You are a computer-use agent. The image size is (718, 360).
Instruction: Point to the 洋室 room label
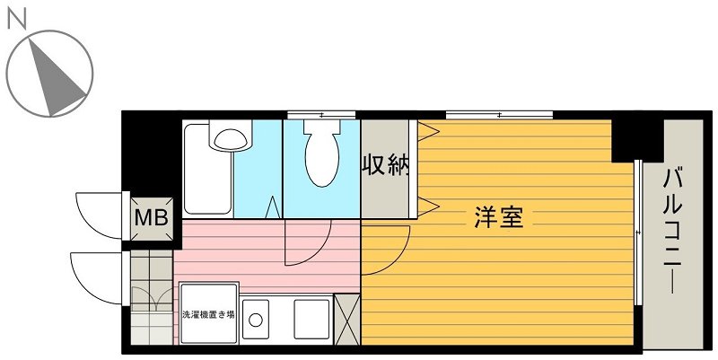tap(498, 217)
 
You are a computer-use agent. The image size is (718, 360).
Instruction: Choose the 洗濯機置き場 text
tap(208, 315)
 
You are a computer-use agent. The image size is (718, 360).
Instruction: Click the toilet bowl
tap(321, 154)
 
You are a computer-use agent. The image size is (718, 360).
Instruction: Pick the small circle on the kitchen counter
tap(256, 319)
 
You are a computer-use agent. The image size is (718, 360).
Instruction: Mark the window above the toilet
tap(320, 114)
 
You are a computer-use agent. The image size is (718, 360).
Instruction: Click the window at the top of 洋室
tap(499, 114)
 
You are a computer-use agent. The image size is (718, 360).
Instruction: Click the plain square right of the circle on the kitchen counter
tap(311, 319)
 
